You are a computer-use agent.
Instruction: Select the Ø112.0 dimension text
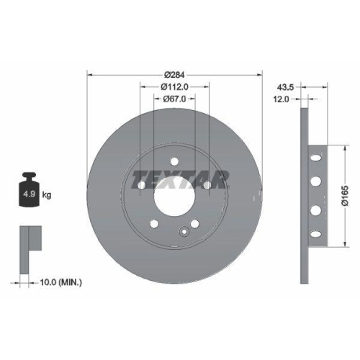point(174,87)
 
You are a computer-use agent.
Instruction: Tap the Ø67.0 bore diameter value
point(174,99)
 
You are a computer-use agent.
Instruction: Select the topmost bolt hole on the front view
point(174,163)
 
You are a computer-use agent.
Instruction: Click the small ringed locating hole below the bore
point(185,231)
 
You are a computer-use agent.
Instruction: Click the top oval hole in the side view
point(315,158)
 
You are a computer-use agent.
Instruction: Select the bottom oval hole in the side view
point(315,231)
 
